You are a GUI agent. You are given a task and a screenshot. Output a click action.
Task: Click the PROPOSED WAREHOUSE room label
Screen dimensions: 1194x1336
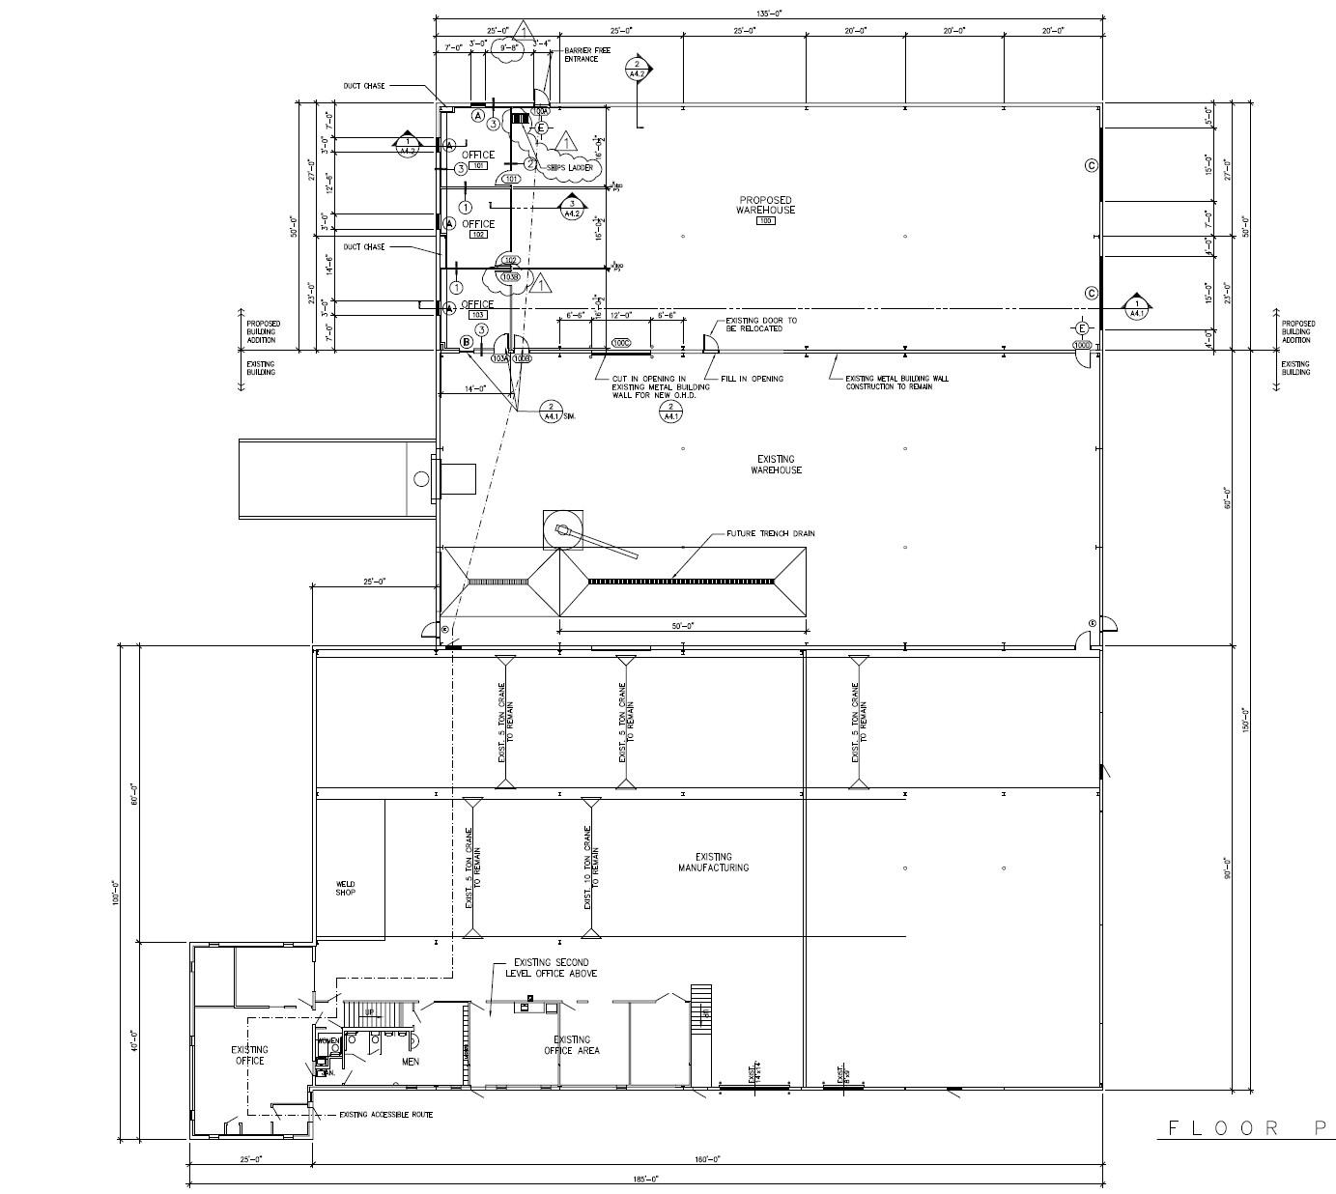click(x=765, y=205)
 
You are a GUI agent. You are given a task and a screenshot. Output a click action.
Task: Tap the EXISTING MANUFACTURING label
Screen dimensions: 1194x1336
click(x=713, y=863)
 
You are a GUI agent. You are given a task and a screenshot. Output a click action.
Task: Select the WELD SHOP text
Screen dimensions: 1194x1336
click(x=345, y=888)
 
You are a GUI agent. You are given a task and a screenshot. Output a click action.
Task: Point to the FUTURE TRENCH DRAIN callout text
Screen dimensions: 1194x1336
click(x=770, y=533)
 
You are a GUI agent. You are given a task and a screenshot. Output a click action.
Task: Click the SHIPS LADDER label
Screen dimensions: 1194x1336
click(x=569, y=168)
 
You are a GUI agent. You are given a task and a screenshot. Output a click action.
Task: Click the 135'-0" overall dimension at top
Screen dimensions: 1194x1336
click(x=768, y=13)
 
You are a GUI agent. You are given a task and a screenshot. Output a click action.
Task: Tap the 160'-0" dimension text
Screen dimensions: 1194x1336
click(x=706, y=1159)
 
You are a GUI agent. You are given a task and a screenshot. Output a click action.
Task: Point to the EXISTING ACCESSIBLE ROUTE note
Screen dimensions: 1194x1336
click(x=385, y=1115)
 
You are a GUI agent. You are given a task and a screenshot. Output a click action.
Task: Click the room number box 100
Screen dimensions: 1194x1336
click(x=766, y=221)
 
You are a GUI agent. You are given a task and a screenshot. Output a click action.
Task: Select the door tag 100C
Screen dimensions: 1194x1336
click(x=621, y=343)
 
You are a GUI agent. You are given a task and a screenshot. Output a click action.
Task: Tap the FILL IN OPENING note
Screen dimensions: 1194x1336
click(x=753, y=379)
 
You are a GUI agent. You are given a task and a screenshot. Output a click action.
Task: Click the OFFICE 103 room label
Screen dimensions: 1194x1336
click(x=477, y=304)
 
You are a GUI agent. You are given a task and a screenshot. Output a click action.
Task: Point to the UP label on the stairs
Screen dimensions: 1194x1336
click(x=368, y=1012)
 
